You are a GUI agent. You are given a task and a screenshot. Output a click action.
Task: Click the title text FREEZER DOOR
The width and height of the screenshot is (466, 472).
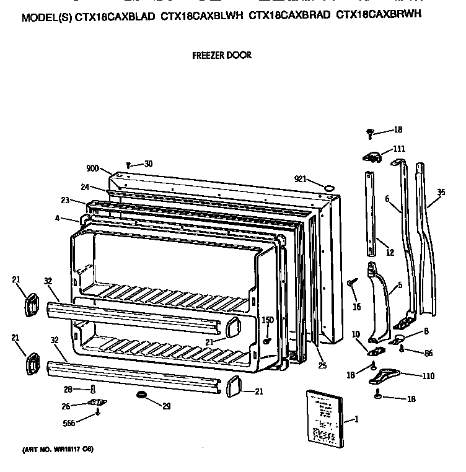[222, 55]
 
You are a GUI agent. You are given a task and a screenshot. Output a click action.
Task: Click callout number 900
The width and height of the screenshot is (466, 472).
[93, 168]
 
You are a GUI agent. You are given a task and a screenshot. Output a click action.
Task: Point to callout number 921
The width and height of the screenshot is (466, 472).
[301, 179]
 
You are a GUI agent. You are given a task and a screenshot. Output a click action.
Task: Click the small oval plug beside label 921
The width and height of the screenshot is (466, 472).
[329, 185]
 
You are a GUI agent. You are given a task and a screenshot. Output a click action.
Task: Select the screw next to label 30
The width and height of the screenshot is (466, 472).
[128, 165]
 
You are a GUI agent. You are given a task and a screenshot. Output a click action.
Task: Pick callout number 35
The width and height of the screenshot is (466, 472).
[441, 193]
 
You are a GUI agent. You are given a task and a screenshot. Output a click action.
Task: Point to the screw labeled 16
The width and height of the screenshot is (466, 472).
[352, 282]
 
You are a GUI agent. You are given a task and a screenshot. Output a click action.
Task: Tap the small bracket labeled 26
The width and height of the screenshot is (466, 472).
[97, 403]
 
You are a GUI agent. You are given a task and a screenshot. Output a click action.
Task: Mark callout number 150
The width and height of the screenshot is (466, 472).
[267, 320]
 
